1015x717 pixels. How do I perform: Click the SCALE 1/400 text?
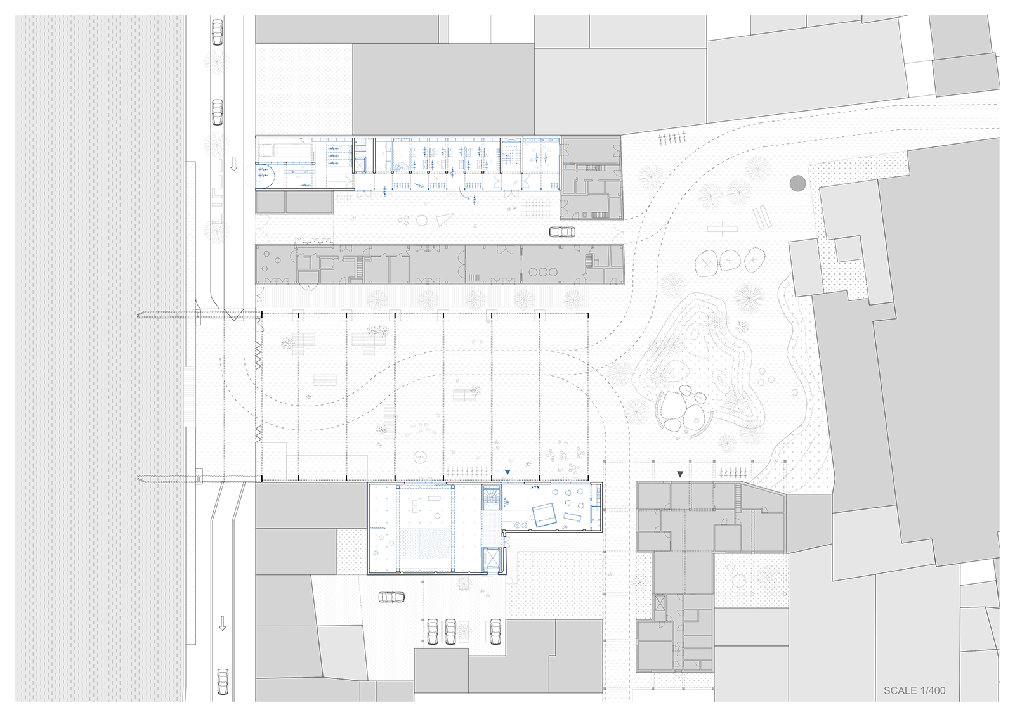click(x=914, y=690)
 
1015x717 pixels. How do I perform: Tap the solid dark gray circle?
click(x=797, y=183)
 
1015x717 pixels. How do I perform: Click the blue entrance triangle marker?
click(x=507, y=472)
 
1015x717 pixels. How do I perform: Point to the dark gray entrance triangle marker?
click(x=679, y=474)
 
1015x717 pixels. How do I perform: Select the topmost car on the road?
click(x=218, y=32)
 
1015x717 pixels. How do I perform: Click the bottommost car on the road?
click(x=223, y=681)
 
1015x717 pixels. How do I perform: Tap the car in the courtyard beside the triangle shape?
click(x=562, y=232)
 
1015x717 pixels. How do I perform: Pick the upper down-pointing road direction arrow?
click(x=234, y=164)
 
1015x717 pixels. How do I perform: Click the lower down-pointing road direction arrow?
click(x=222, y=623)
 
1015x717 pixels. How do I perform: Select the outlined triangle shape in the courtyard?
click(x=445, y=220)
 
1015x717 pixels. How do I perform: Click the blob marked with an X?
click(x=707, y=262)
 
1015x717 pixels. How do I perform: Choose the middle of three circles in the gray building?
click(x=543, y=272)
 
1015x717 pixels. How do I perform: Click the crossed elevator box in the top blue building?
click(x=360, y=164)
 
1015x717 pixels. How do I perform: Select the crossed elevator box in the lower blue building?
click(x=491, y=561)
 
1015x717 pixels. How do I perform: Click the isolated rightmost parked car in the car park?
click(x=495, y=632)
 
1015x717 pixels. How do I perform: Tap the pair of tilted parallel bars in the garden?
click(x=762, y=217)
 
